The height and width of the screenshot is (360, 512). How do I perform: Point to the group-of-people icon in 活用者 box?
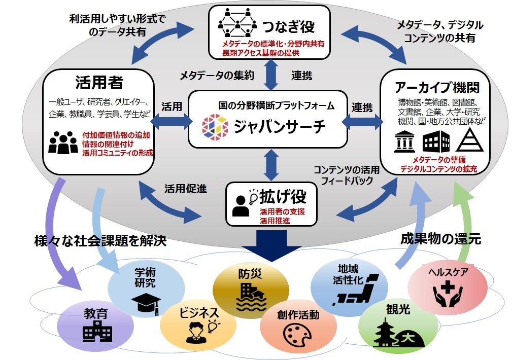[63, 142]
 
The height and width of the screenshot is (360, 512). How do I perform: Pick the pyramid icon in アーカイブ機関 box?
[468, 141]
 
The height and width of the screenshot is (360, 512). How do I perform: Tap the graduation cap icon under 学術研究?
[146, 303]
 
